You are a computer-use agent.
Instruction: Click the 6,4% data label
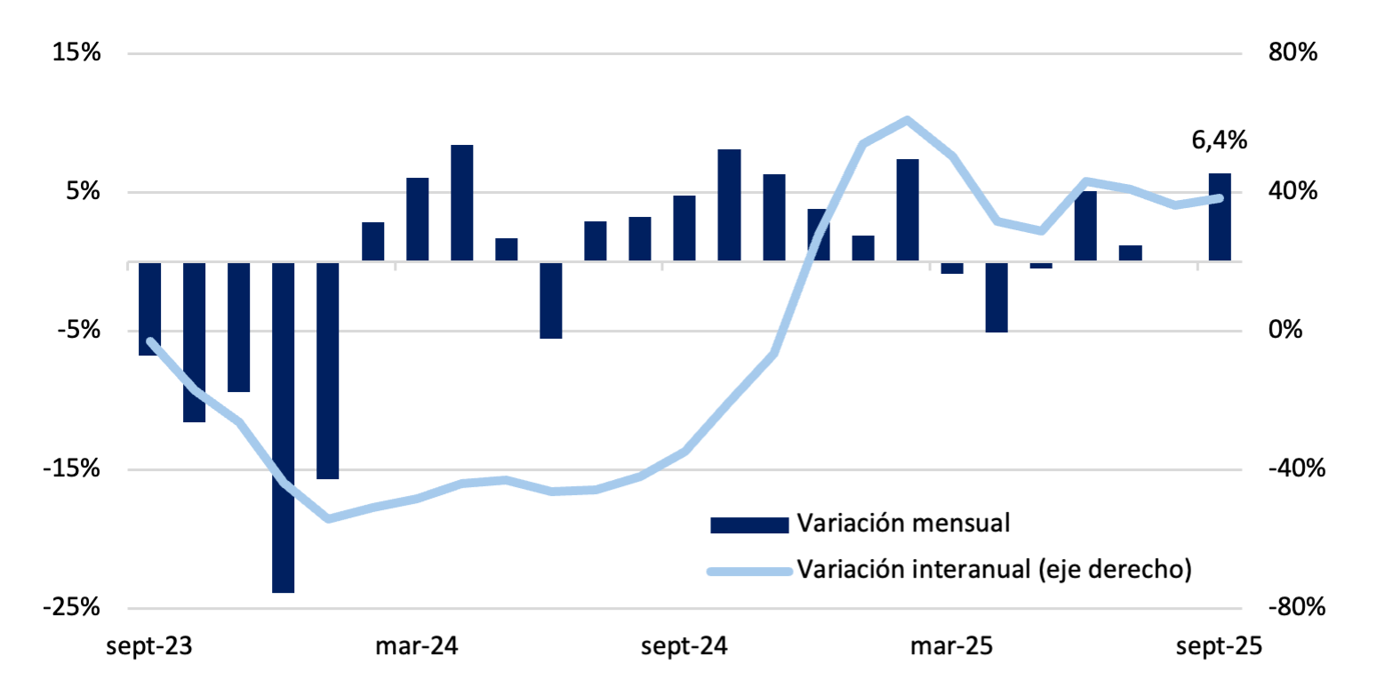1219,140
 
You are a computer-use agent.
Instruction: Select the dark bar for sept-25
1219,217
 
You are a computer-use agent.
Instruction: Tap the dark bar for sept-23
149,308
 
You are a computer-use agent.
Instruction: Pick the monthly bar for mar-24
417,220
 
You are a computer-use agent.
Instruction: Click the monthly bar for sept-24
684,228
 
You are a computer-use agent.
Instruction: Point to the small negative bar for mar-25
952,268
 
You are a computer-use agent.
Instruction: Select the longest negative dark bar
283,427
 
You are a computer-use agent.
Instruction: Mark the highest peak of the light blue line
907,119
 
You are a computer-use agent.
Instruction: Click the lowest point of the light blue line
328,518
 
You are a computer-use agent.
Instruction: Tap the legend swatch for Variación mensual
749,524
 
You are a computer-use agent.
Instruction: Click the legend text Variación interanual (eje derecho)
993,568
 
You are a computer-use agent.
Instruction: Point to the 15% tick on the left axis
76,53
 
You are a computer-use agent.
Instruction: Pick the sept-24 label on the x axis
684,646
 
